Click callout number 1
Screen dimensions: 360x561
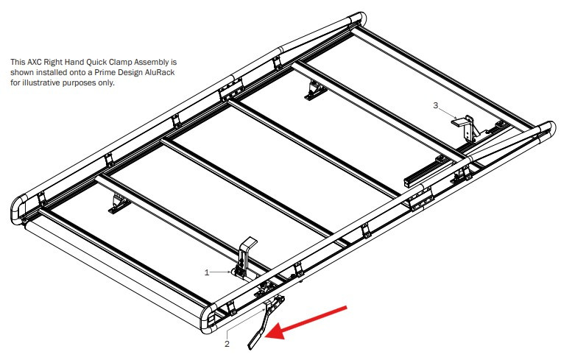point(208,272)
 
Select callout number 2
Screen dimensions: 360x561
point(227,343)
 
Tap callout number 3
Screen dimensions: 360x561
point(435,106)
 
